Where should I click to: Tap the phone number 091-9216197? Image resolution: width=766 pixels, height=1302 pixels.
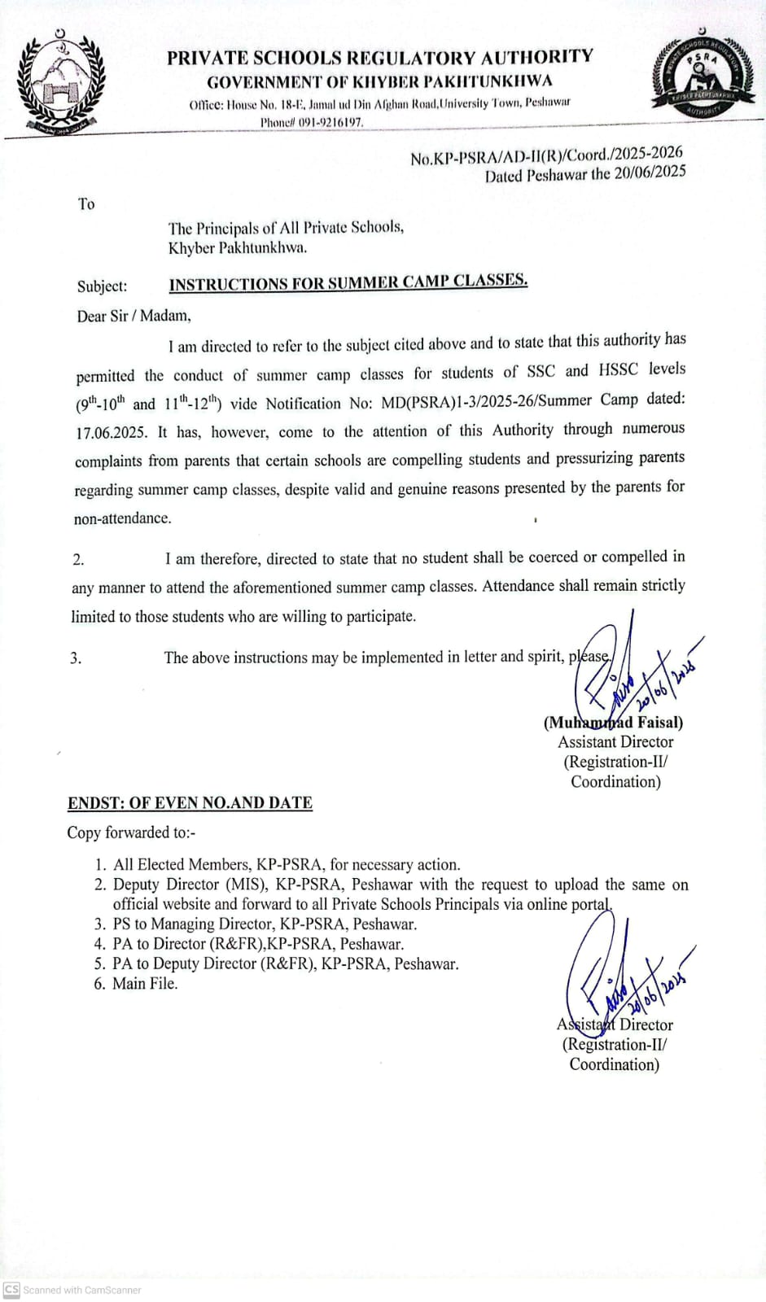330,122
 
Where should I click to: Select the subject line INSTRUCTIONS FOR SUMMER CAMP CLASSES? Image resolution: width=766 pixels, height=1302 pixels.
348,282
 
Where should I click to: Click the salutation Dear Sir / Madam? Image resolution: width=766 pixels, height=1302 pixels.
134,316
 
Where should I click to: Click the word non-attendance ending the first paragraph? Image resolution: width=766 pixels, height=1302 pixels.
122,518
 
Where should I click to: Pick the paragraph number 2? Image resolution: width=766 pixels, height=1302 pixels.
78,559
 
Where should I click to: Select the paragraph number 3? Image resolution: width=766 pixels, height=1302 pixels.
76,658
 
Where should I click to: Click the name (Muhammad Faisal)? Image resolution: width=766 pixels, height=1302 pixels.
613,723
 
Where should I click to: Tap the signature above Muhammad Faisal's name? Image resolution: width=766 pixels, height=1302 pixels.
627,671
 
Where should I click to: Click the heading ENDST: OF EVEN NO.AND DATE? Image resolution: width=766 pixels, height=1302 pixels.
190,803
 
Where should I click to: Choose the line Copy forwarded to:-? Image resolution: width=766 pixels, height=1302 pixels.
131,832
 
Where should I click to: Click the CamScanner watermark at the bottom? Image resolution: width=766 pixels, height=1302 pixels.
72,1290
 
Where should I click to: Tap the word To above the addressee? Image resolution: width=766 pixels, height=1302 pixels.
86,204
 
